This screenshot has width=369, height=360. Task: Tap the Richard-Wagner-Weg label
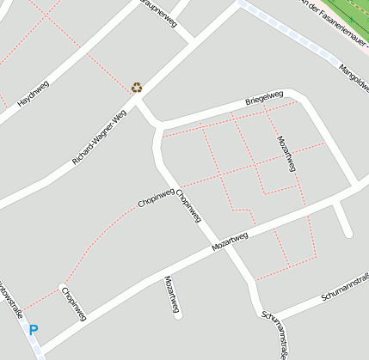point(100,137)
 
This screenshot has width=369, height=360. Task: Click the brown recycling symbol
point(137,87)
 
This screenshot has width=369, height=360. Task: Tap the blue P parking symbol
point(34,329)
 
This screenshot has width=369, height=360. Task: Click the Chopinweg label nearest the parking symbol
point(74,303)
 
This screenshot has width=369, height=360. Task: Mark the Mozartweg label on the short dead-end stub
point(172,295)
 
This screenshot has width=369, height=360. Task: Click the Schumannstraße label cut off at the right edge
point(345,286)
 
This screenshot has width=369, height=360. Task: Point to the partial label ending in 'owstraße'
point(11,301)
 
